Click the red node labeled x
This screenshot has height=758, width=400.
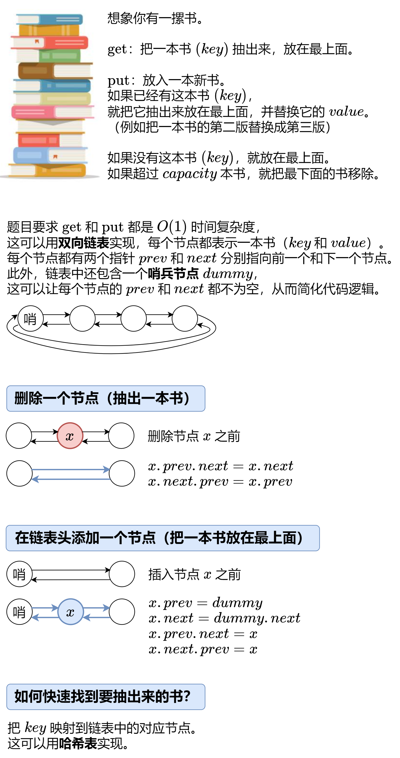70,436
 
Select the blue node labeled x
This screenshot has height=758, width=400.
71,612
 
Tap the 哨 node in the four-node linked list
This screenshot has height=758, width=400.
30,318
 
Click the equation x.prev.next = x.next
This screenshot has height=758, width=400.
221,466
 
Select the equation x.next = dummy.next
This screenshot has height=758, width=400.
224,618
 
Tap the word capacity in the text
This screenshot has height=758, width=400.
189,174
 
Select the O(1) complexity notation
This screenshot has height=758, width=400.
171,227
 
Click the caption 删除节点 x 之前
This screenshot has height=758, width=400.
194,436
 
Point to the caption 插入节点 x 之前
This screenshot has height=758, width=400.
194,574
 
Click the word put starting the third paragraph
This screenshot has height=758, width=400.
118,80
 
